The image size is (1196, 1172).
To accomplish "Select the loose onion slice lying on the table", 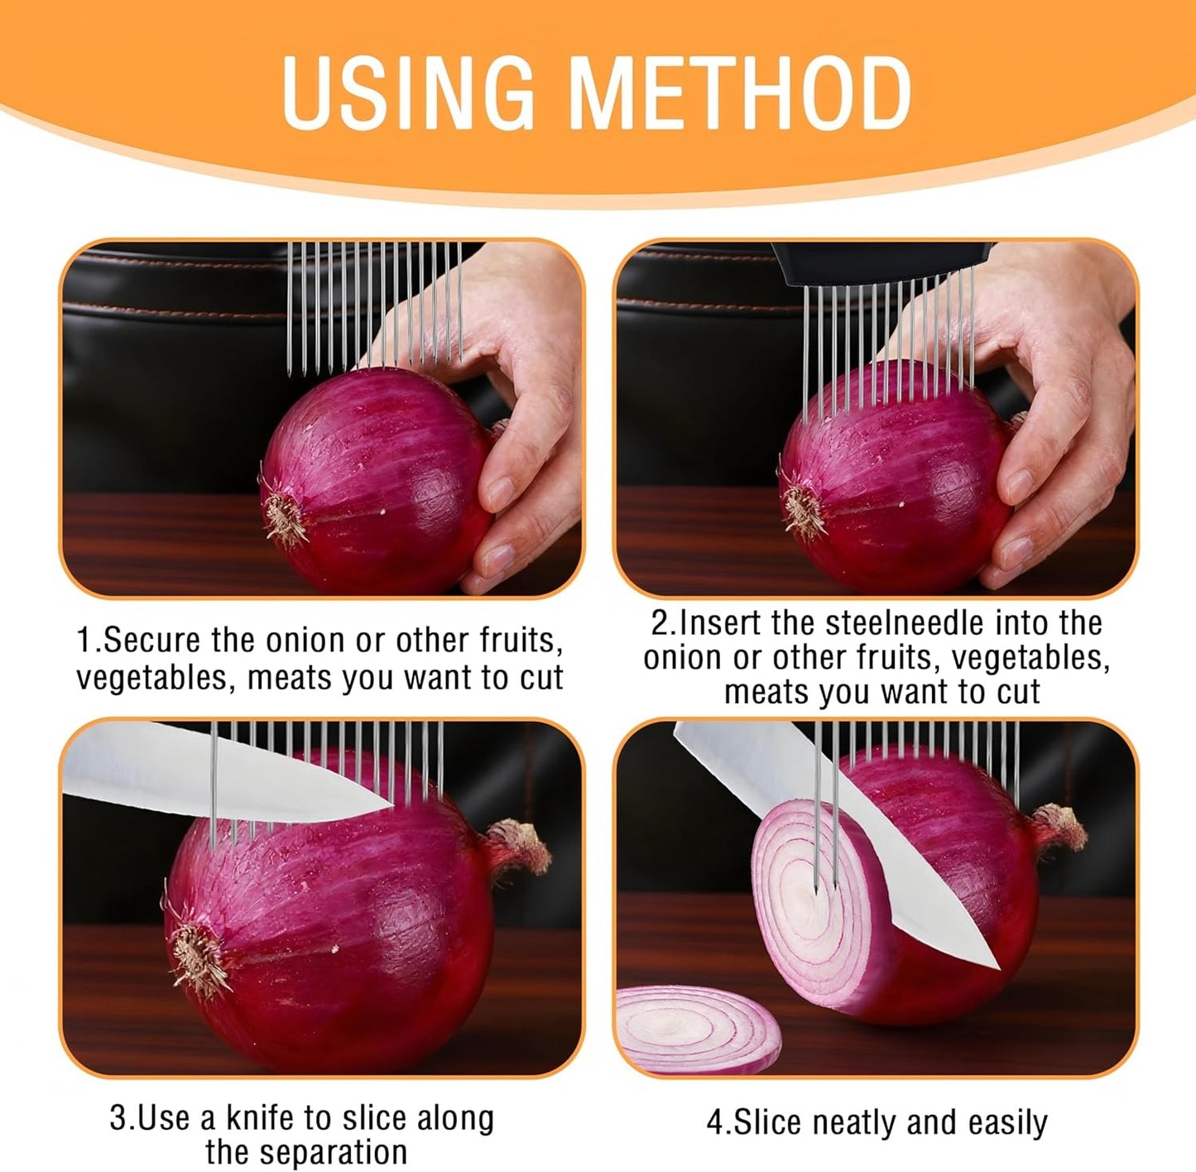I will [x=697, y=1028].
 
